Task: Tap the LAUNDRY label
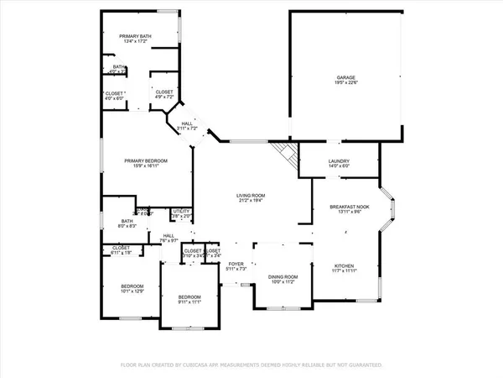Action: (x=339, y=162)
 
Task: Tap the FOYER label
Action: (x=236, y=264)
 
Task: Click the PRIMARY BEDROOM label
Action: (x=146, y=160)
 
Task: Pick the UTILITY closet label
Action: (x=181, y=211)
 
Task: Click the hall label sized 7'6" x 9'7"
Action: (x=169, y=239)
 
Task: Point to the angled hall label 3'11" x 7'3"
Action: (x=186, y=126)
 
